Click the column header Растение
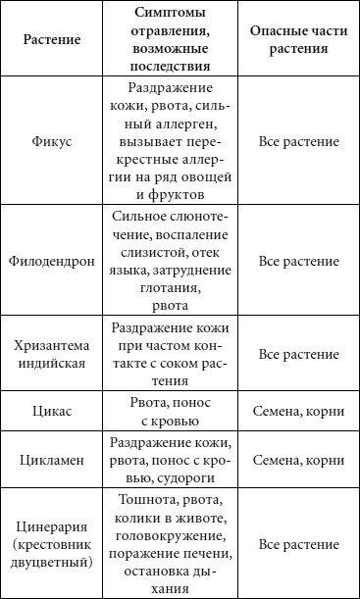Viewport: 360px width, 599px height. tap(52, 44)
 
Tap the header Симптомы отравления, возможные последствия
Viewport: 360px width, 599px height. tap(170, 44)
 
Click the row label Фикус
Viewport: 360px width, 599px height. tap(52, 141)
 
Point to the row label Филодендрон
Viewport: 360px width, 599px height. tap(52, 262)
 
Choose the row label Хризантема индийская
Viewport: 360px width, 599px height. tap(52, 353)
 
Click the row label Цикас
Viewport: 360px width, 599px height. tap(52, 413)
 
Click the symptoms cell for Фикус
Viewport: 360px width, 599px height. tap(170, 141)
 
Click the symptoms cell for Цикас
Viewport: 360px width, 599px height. tap(170, 413)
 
